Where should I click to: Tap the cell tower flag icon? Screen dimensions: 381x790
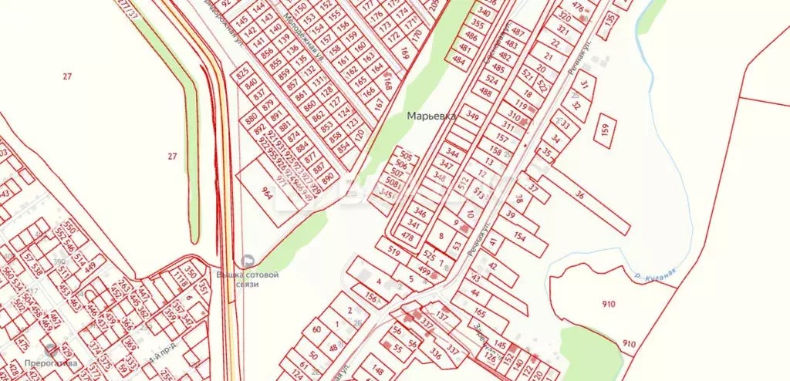point(248,261)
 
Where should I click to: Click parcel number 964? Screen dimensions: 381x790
point(267,193)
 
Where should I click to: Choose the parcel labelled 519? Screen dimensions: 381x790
point(393,251)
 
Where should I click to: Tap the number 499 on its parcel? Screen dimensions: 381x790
point(424,270)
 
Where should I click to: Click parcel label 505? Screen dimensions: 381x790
point(407,155)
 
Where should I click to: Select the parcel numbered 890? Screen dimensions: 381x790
point(327,179)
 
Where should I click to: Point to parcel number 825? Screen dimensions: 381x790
point(245,75)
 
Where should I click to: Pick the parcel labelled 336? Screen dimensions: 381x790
point(435,356)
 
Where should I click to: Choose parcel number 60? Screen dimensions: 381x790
point(316,329)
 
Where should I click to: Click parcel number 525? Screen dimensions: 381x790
point(430,255)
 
